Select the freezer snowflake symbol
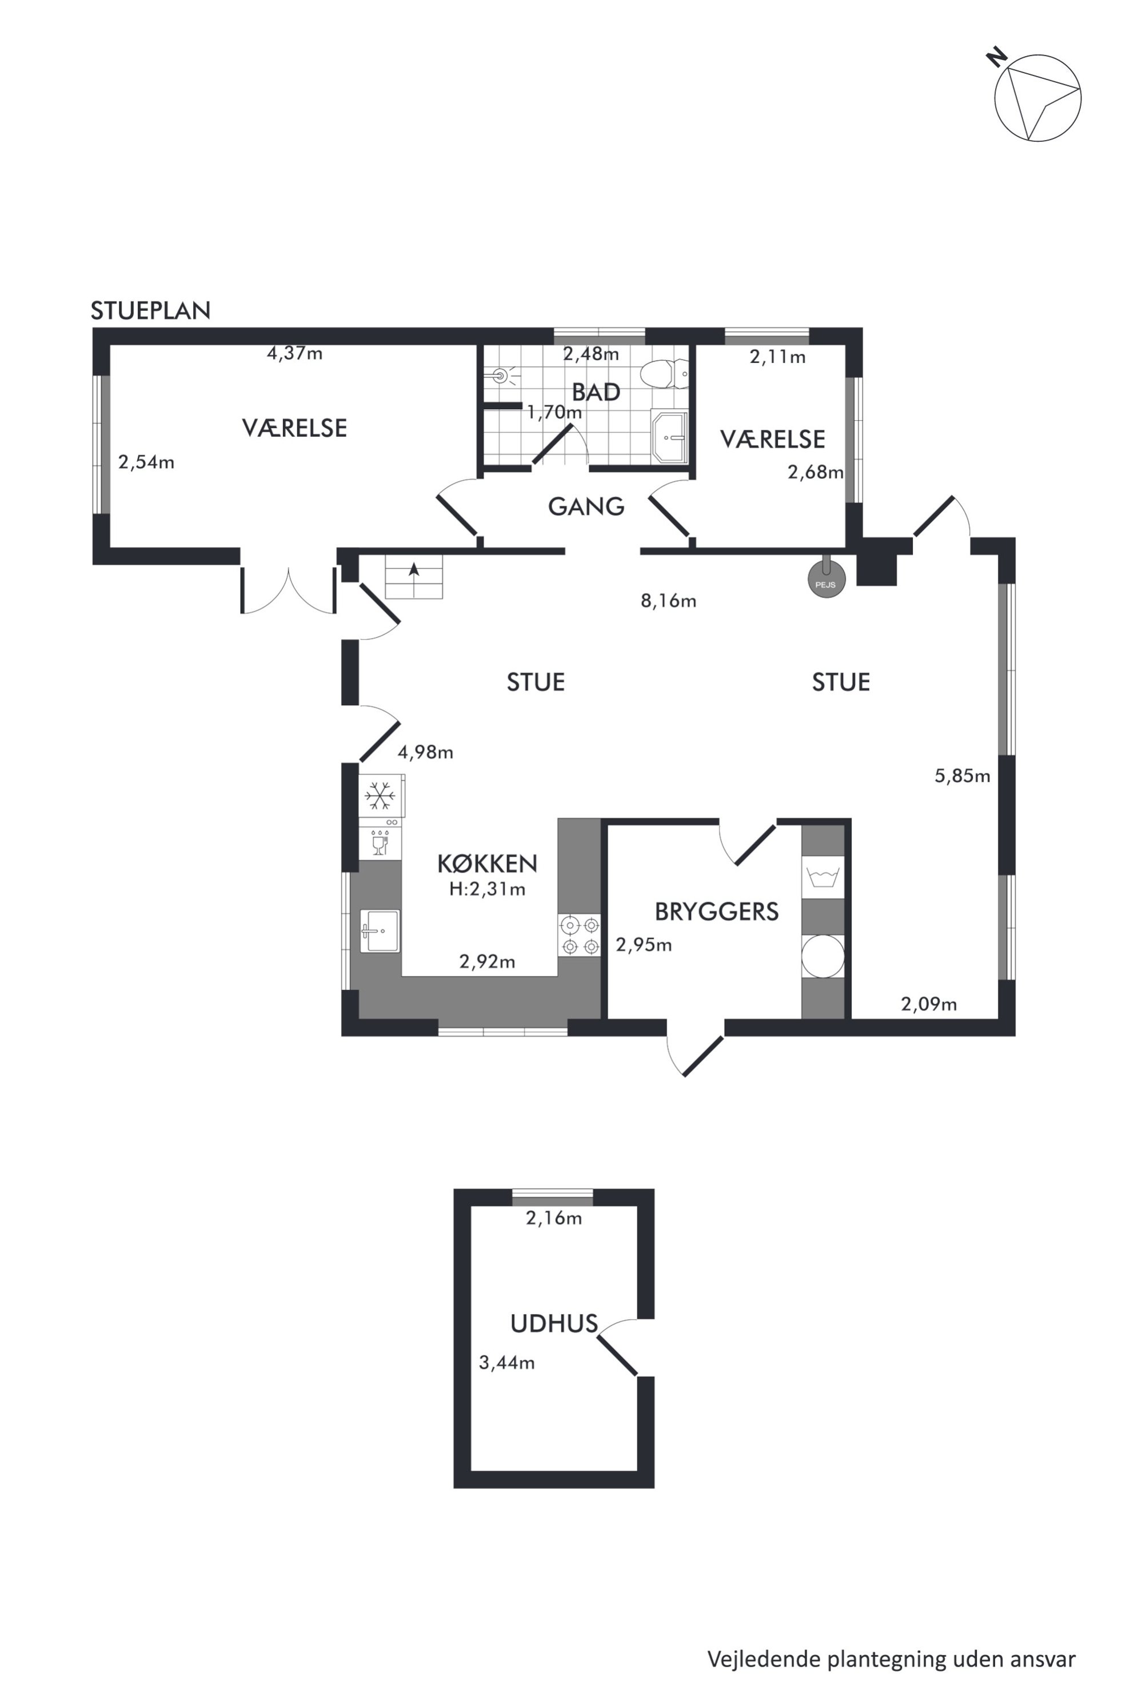click(380, 796)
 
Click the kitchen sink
click(380, 931)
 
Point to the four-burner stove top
click(580, 935)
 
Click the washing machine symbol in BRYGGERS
click(823, 877)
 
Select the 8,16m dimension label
click(668, 601)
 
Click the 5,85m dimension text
click(963, 776)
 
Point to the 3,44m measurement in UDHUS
click(507, 1363)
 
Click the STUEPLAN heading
click(150, 311)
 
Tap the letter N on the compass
click(997, 57)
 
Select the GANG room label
click(586, 506)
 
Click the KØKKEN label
click(488, 864)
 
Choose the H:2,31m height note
click(488, 889)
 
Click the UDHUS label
click(554, 1324)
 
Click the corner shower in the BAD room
click(669, 436)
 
